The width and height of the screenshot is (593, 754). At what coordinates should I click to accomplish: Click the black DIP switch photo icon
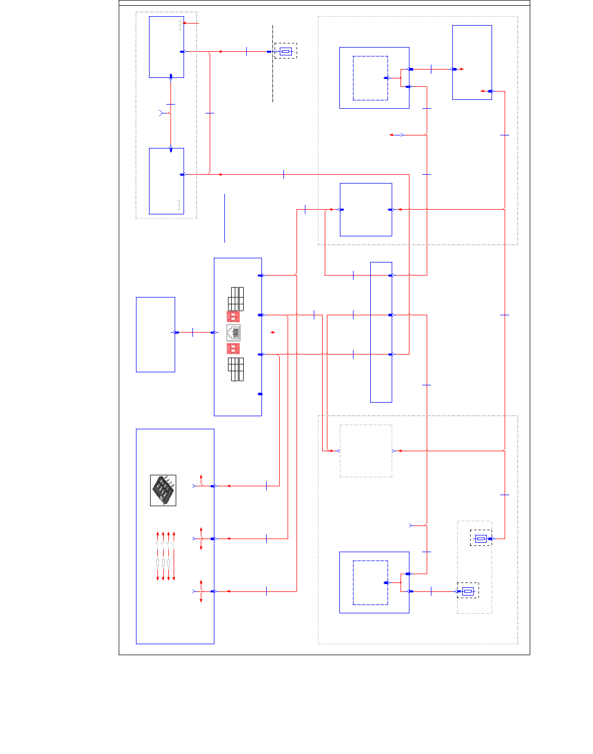163,490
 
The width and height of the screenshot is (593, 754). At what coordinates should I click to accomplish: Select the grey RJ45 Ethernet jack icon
233,333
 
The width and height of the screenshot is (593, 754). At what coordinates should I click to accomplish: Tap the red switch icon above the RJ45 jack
233,317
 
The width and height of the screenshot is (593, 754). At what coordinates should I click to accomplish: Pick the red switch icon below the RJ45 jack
233,349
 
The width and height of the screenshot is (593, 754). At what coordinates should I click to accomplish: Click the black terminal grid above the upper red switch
236,299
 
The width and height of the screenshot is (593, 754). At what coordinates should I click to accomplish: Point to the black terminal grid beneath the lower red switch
236,369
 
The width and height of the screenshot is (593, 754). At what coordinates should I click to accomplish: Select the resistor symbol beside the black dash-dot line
286,51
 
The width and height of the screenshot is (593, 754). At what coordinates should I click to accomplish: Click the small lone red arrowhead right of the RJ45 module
272,332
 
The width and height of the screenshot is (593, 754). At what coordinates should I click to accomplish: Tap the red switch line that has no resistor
174,556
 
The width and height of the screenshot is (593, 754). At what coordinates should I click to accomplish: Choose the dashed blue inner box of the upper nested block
370,78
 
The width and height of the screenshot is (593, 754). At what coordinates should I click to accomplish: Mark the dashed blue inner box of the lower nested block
370,582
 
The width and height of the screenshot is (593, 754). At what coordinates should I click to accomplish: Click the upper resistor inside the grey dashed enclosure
481,538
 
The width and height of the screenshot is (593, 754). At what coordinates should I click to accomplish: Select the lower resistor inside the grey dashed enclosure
467,591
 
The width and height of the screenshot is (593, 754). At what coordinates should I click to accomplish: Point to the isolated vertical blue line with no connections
224,218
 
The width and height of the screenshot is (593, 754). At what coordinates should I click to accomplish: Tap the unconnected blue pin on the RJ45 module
260,394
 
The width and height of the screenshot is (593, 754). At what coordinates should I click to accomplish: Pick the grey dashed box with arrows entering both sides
366,451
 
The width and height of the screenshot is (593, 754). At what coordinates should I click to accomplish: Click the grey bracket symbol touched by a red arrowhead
180,25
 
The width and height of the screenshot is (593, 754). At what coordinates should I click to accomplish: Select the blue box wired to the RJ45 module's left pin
155,335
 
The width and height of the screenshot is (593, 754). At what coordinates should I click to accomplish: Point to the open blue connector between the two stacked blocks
161,112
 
